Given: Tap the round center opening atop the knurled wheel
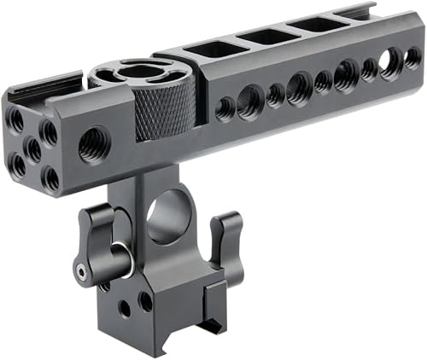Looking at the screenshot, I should pyautogui.click(x=137, y=73).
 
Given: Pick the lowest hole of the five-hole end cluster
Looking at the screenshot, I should pyautogui.click(x=51, y=177).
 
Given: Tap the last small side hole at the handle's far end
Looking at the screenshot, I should pyautogui.click(x=412, y=57).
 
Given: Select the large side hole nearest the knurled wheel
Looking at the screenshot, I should pyautogui.click(x=250, y=102).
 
